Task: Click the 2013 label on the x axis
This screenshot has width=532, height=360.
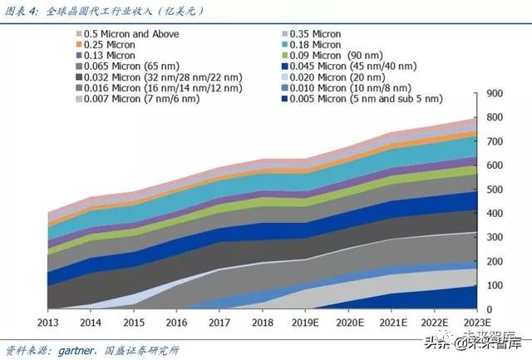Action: (x=49, y=322)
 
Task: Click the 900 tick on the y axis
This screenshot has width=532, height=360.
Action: (x=497, y=94)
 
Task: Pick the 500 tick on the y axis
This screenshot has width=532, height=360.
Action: (x=497, y=190)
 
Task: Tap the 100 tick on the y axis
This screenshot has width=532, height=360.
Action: (x=497, y=285)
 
